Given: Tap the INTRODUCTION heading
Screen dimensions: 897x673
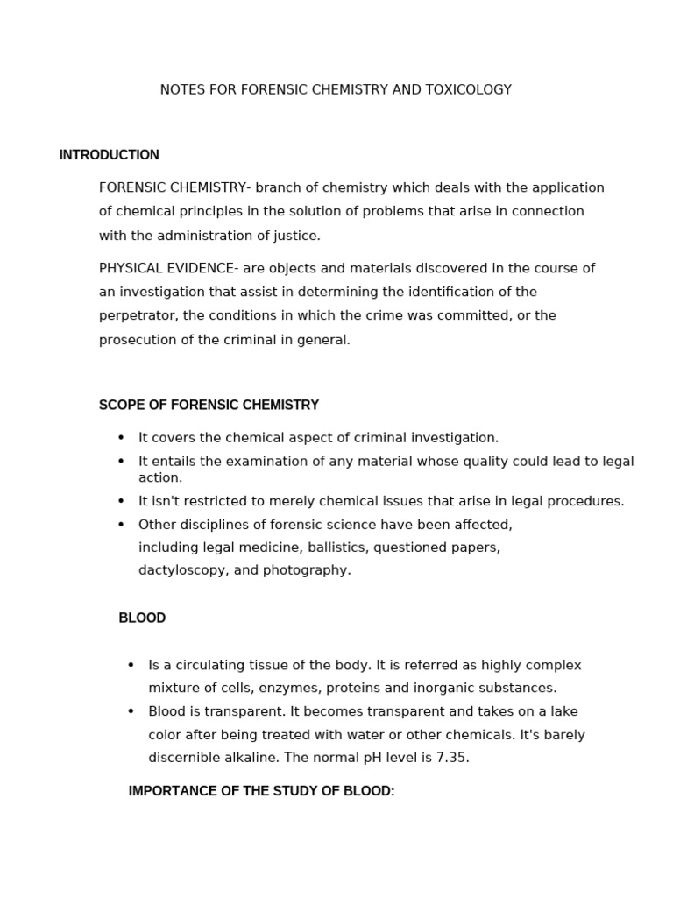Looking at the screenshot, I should [109, 155].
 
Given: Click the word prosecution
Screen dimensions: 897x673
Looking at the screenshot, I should [136, 340].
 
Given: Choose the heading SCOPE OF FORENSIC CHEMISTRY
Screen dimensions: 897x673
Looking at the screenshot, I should [209, 406].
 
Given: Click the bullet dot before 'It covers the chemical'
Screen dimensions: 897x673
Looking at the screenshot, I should [121, 438].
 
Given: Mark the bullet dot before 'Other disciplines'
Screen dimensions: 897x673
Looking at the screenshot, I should [121, 525].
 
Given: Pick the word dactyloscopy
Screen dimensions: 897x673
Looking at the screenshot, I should [180, 570].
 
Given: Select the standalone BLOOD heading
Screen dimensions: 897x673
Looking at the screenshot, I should [142, 618].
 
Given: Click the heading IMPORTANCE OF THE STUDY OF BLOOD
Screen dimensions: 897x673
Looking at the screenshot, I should [261, 791].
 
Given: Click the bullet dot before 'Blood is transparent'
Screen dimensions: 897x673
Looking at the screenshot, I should [131, 712].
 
